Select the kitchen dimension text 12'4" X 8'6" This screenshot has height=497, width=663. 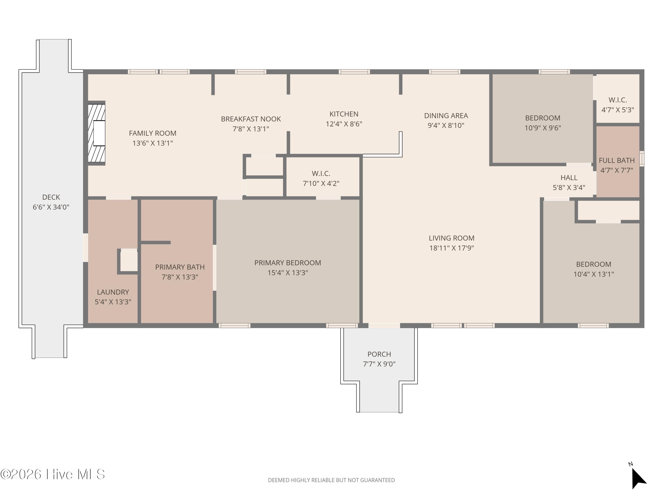(344, 124)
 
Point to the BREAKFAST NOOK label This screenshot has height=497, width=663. (251, 119)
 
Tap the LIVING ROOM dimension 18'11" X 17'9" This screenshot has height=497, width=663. (451, 248)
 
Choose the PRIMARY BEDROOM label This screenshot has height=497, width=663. (288, 263)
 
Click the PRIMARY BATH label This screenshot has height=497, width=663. (180, 267)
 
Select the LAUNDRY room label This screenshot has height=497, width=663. (113, 292)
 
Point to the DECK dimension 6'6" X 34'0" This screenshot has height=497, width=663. (51, 207)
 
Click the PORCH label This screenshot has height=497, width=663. (379, 354)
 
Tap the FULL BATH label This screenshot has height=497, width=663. (617, 161)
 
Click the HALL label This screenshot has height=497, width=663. (569, 178)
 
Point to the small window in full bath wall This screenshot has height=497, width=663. (642, 159)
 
